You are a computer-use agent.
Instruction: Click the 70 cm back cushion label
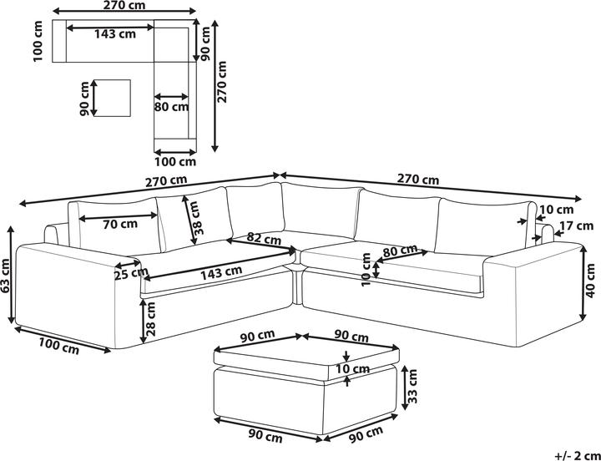tap(120, 223)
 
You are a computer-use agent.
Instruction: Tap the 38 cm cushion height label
tap(199, 220)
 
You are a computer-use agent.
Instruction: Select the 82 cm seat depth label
tap(264, 239)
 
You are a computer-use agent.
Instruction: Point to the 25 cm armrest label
tap(131, 273)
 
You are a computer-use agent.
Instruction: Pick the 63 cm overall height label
tap(5, 276)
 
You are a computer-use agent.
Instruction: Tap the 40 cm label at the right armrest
tap(591, 281)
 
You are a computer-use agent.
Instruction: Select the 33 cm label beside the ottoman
tap(412, 387)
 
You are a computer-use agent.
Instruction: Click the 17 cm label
tap(577, 225)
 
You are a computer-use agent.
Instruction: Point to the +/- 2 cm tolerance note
tap(578, 455)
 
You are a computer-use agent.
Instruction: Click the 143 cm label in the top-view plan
tap(115, 33)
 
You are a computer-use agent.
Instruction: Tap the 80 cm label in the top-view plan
tap(172, 106)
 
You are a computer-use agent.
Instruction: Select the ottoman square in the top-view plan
tap(112, 98)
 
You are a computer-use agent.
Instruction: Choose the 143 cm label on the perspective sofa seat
tap(221, 272)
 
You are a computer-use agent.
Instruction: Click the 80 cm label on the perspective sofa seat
tap(400, 251)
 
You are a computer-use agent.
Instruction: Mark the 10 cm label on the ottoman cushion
tap(352, 369)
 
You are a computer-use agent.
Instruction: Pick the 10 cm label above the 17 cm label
tap(557, 210)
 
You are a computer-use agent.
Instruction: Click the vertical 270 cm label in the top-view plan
tap(221, 82)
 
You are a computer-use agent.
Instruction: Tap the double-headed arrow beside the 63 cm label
tap(12, 275)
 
